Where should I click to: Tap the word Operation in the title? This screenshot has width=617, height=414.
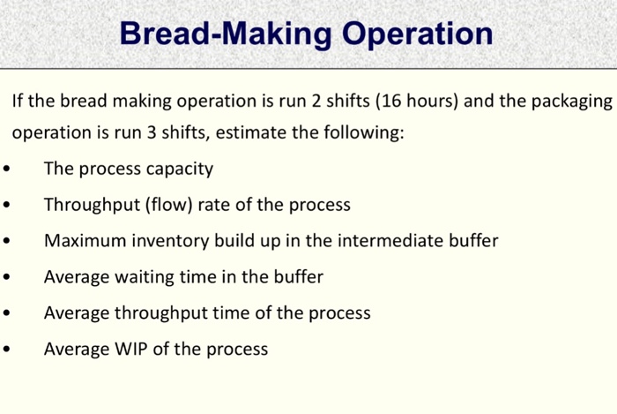(419, 34)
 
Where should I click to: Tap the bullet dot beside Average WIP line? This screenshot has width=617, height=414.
(7, 350)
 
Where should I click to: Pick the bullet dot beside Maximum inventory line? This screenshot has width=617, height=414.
(7, 242)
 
